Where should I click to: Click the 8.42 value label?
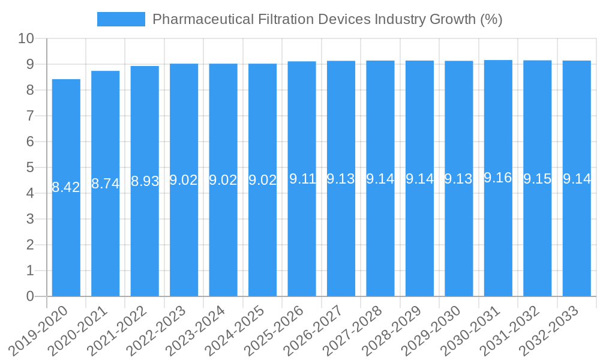tap(66, 187)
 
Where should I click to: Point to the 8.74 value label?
tap(106, 184)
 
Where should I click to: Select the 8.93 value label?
tap(145, 181)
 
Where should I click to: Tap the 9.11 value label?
tap(302, 179)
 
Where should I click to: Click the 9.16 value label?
tap(498, 178)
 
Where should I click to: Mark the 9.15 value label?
tap(537, 179)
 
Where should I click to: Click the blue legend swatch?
tap(121, 19)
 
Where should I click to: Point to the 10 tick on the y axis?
tap(26, 38)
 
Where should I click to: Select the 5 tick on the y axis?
tap(30, 167)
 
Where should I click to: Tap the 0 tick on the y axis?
tap(30, 296)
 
